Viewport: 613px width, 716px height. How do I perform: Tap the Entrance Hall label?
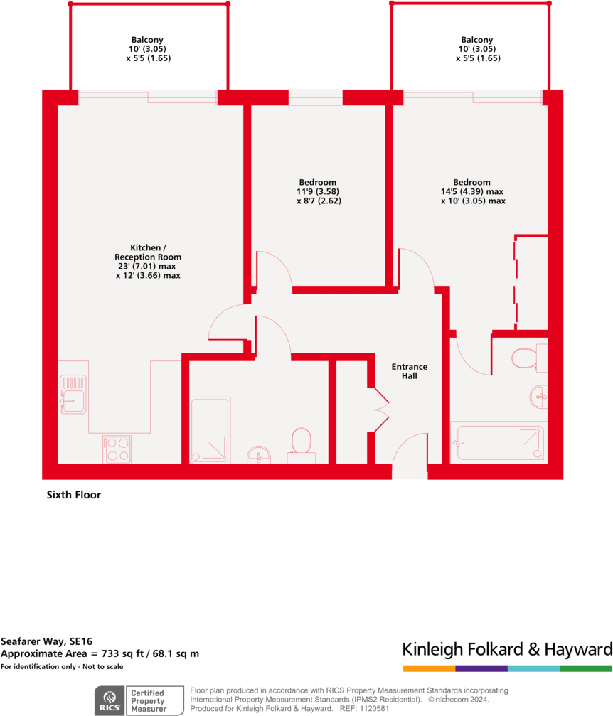click(x=410, y=371)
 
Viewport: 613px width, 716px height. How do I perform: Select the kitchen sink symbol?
click(x=73, y=395)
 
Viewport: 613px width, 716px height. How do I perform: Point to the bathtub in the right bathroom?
click(x=500, y=442)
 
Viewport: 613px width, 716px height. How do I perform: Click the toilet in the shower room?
click(x=302, y=442)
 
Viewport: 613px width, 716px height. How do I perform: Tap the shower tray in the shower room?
click(x=210, y=429)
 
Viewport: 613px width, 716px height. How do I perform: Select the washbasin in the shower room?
click(x=259, y=454)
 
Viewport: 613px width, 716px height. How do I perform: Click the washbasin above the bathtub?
click(x=539, y=396)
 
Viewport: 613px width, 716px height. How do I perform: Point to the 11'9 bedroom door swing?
click(x=274, y=270)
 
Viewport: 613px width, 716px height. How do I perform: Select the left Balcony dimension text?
click(x=148, y=54)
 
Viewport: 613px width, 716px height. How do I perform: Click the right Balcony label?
click(x=476, y=40)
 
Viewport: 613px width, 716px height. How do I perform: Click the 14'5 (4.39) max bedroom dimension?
click(x=472, y=192)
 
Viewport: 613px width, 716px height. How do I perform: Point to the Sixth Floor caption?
click(x=73, y=495)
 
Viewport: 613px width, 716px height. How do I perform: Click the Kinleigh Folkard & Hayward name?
click(x=507, y=649)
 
